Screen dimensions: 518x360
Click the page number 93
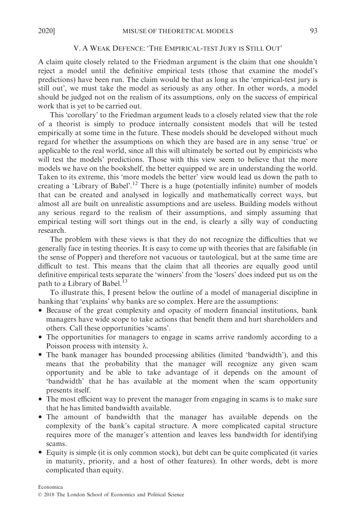pos(313,31)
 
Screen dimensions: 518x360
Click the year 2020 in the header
pos(46,31)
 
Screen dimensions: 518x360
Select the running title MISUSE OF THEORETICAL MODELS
pos(178,31)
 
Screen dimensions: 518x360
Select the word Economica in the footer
pos(50,487)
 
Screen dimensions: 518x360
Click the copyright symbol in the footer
pos(40,495)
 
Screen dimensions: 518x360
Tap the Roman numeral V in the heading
pos(76,49)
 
